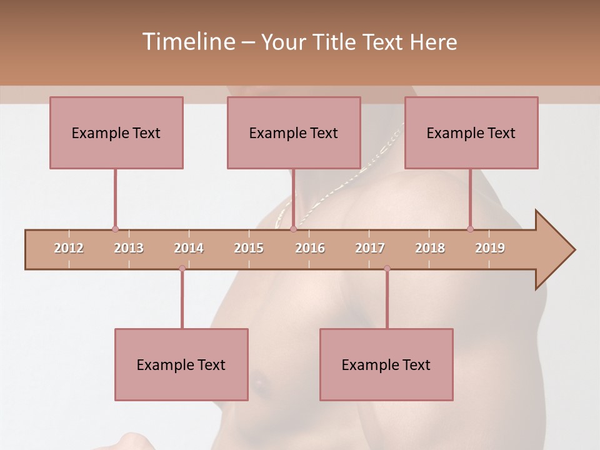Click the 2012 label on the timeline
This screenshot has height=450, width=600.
69,248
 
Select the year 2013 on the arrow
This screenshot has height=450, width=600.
129,248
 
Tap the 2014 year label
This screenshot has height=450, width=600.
189,248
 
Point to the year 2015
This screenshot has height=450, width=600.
249,248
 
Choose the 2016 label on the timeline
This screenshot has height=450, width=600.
310,248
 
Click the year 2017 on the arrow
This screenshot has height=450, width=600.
370,248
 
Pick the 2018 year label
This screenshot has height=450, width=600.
430,248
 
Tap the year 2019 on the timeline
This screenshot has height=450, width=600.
490,248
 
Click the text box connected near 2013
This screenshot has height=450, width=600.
116,132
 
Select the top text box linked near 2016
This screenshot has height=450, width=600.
294,132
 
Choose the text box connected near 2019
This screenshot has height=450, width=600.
471,132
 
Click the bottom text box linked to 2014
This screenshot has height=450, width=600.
181,364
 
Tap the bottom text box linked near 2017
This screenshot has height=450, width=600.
386,364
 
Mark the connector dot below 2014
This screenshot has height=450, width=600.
182,268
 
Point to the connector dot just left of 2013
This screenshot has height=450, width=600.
115,229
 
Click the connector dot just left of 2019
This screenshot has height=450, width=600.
470,229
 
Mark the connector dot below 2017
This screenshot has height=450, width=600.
387,268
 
